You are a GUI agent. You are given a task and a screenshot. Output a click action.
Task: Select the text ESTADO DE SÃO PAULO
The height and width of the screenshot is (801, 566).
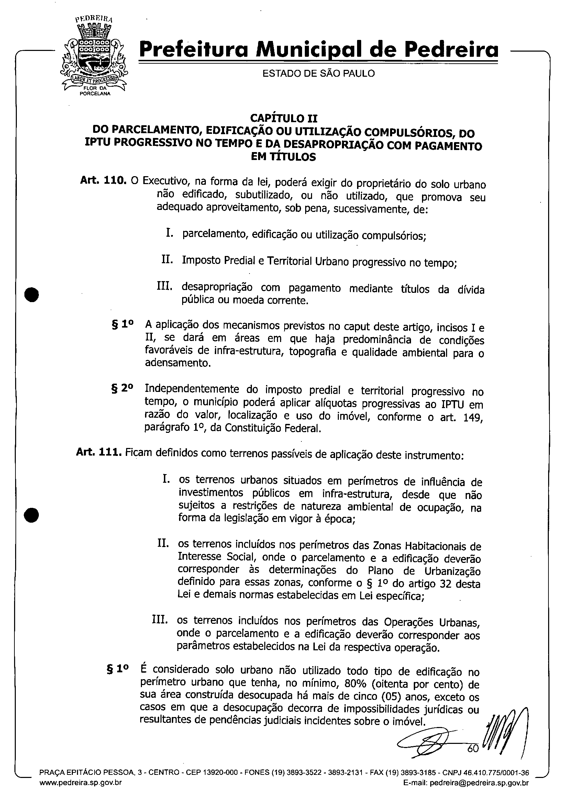pyautogui.click(x=318, y=74)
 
